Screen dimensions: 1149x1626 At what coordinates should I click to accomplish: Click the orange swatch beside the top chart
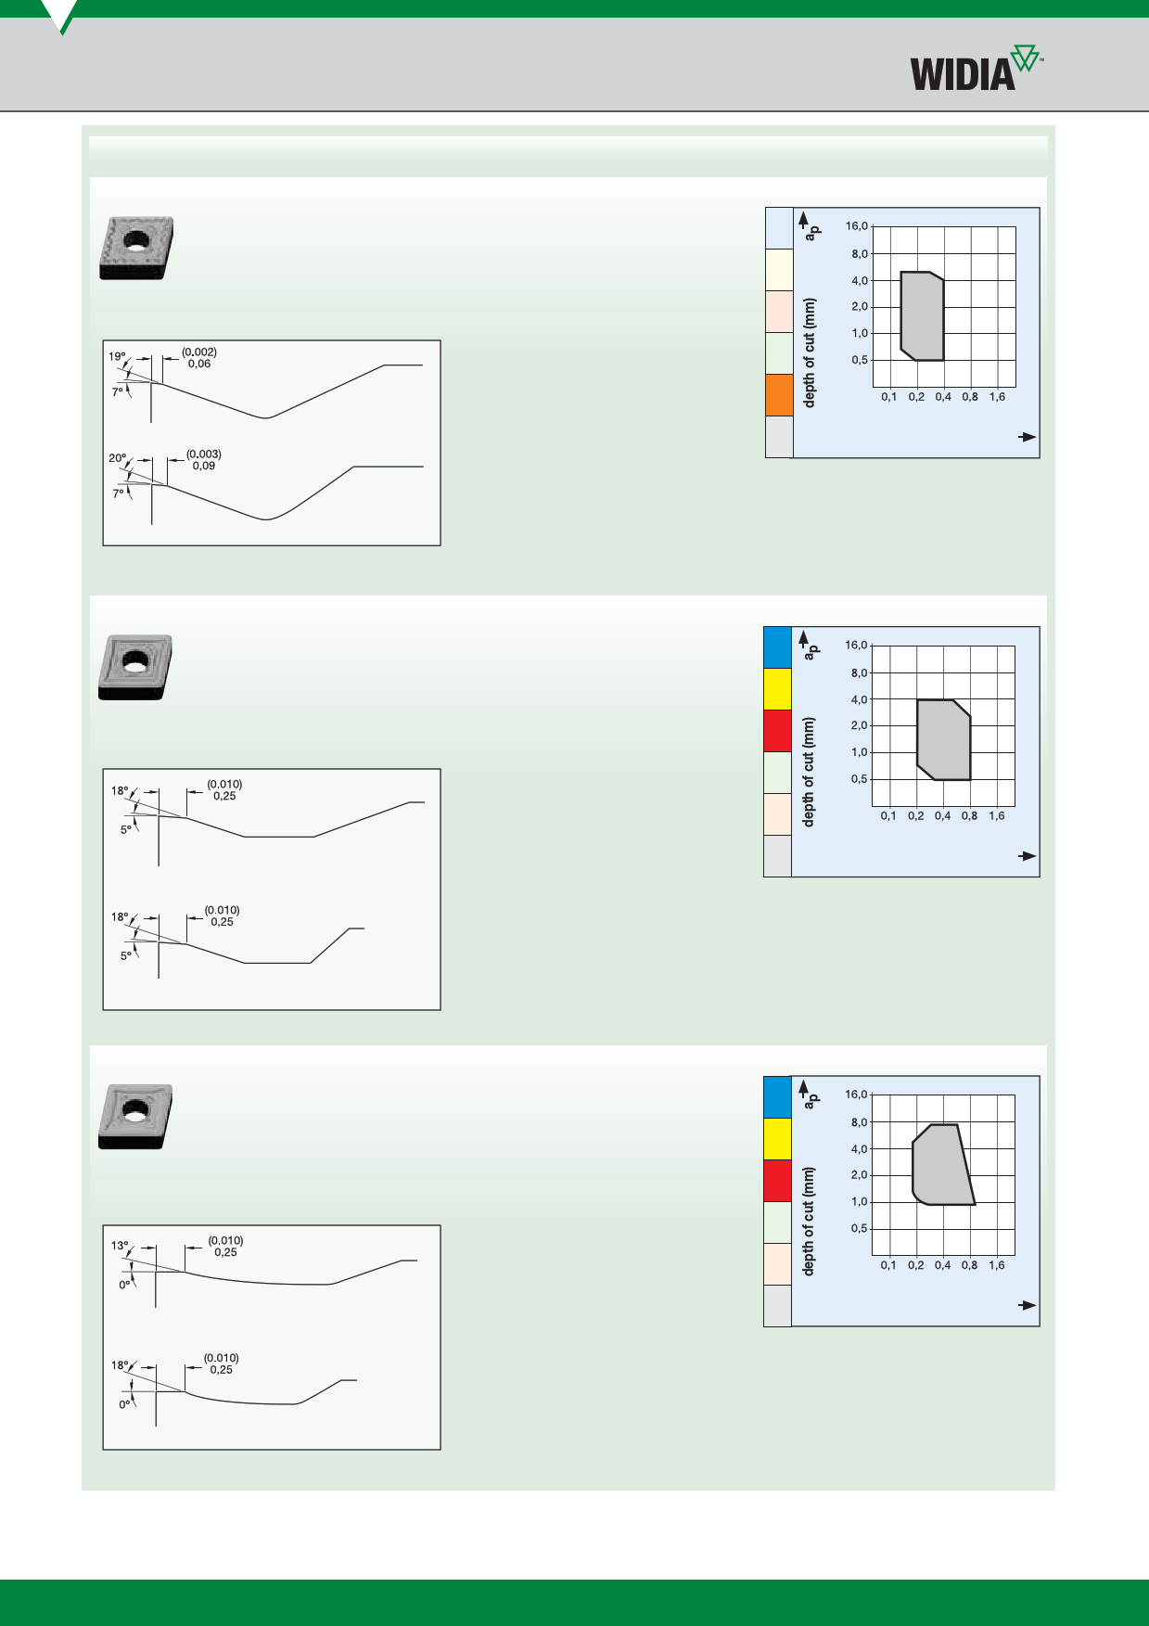(779, 395)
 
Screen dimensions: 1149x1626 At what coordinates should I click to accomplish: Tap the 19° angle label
(117, 356)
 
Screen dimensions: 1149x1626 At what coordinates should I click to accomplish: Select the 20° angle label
(117, 458)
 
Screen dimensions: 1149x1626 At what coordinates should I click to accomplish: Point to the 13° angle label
(120, 1246)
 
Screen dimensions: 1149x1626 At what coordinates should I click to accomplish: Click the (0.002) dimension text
(199, 352)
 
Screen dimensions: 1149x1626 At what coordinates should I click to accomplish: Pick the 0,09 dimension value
(204, 466)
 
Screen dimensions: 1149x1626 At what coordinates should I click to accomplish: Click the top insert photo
(136, 248)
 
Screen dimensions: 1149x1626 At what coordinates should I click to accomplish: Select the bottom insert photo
(135, 1117)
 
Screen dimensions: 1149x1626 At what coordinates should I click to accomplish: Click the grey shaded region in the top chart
(922, 315)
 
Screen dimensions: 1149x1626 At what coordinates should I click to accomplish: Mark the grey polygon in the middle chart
(943, 739)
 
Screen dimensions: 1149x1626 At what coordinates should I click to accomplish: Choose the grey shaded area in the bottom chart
(941, 1165)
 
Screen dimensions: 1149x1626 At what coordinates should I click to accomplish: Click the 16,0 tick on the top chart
(857, 226)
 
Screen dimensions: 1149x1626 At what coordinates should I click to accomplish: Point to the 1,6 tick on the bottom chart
(996, 1265)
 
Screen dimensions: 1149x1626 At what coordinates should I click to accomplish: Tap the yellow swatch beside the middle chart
(777, 689)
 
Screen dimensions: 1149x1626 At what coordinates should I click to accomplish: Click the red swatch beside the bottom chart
(777, 1181)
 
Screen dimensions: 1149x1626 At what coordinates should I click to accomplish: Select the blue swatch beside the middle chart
(777, 647)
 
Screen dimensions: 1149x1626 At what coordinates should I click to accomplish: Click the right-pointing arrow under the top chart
(1028, 437)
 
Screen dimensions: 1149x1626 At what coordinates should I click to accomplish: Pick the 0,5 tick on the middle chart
(860, 779)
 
